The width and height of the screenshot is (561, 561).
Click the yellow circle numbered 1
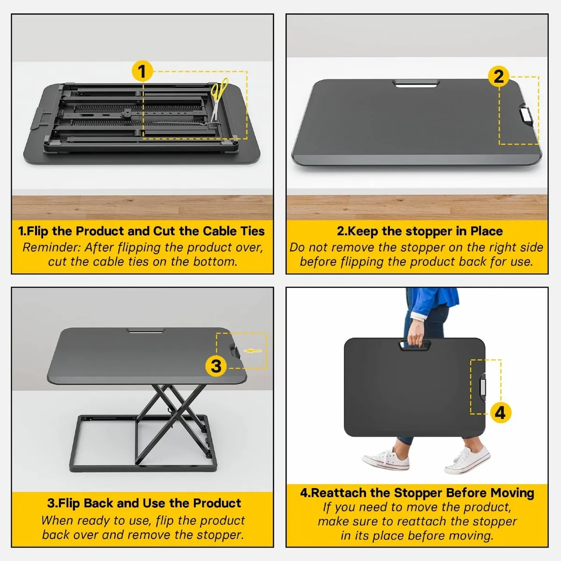coord(142,71)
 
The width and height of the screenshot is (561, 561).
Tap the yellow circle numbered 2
coord(499,77)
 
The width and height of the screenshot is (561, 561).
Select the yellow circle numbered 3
coord(216,366)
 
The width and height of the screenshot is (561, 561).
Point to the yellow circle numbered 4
coord(500,412)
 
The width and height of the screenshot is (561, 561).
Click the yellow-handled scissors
coord(219,99)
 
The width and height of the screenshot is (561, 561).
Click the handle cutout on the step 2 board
coord(416,84)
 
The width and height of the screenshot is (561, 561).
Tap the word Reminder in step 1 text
coord(52,247)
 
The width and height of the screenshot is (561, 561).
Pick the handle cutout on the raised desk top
coord(145,331)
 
